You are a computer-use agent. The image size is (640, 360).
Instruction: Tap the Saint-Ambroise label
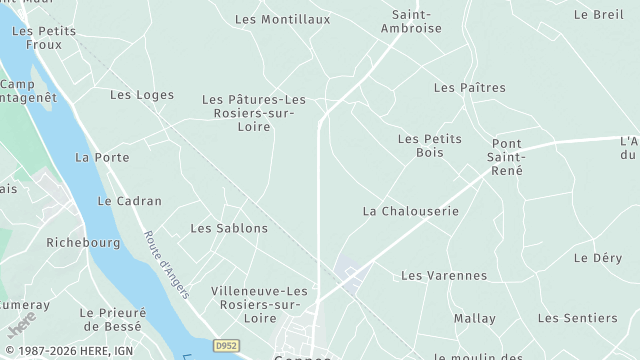[411, 21]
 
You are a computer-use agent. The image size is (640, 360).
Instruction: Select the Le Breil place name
[598, 15]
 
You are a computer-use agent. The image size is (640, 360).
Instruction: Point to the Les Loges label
[141, 95]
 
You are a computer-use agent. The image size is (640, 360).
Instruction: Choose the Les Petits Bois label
[429, 146]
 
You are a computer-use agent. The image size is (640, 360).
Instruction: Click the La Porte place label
[102, 158]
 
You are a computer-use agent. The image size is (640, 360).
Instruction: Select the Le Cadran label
[129, 201]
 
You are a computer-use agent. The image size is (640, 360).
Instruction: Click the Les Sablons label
[229, 228]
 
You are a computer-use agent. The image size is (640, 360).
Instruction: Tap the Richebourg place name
[83, 242]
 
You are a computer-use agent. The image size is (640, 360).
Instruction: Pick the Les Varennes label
[444, 275]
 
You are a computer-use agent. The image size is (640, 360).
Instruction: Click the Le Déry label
[598, 258]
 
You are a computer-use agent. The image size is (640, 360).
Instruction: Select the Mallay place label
[474, 318]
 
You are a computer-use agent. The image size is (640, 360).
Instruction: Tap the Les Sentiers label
[577, 318]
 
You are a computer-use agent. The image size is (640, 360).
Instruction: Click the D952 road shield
[227, 345]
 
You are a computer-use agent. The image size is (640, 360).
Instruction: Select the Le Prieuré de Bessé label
[114, 319]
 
